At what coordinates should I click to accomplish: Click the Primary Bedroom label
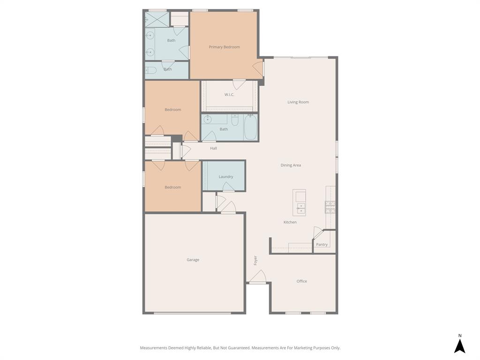[x=224, y=47]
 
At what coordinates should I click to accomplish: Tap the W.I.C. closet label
[x=229, y=95]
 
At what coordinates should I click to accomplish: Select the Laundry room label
[x=225, y=177]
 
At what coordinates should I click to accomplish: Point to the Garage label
[x=193, y=260]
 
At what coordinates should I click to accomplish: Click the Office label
[x=301, y=281]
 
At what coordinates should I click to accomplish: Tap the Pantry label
[x=322, y=245]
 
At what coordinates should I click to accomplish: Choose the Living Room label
[x=298, y=102]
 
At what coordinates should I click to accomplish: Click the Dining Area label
[x=291, y=165]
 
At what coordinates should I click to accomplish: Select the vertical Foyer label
[x=255, y=260]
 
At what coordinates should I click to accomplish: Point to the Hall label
[x=213, y=148]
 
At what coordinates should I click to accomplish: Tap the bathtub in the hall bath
[x=250, y=127]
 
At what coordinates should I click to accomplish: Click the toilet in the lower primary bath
[x=150, y=71]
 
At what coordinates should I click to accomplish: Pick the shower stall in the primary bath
[x=156, y=19]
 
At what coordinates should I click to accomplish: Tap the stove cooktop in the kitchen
[x=330, y=207]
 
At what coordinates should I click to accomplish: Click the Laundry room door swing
[x=228, y=187]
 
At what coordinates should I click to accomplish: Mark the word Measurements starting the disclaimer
[x=153, y=348]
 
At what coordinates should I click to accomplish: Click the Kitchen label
[x=290, y=222]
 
